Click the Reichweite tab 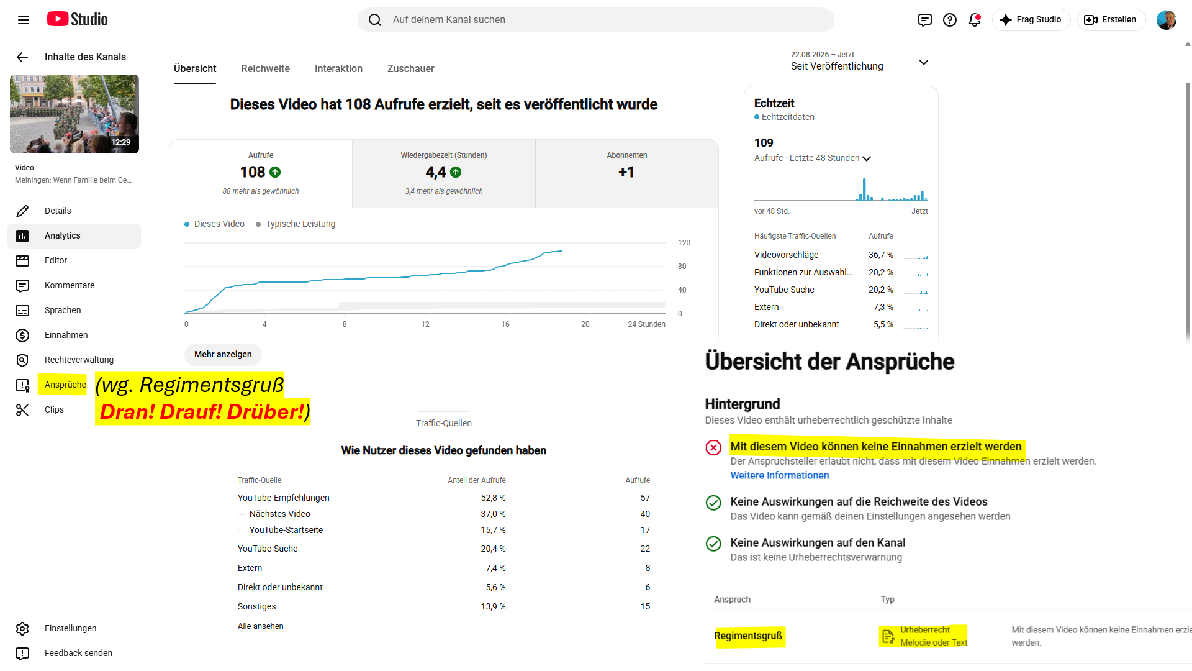point(265,68)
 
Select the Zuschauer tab point(410,68)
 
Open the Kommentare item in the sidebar point(70,285)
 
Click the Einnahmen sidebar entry point(66,335)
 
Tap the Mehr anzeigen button point(223,354)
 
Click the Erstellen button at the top point(1111,19)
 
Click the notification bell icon point(975,20)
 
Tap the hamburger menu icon point(24,20)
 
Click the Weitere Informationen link point(779,475)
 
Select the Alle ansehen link point(260,626)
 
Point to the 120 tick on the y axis point(684,243)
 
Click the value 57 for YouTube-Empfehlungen point(645,498)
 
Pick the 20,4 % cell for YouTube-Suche point(493,549)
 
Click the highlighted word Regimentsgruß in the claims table point(748,636)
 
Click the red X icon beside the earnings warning point(713,447)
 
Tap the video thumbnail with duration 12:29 point(74,114)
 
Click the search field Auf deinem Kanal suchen point(596,20)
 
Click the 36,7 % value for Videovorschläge point(880,255)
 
